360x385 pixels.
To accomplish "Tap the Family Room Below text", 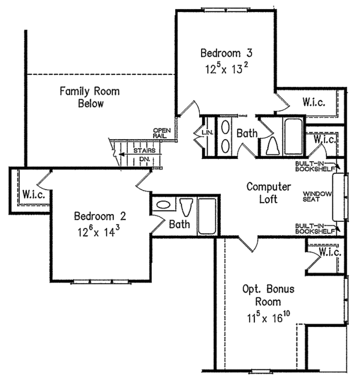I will click(x=90, y=97).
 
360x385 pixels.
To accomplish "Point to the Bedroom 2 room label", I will click(x=100, y=216).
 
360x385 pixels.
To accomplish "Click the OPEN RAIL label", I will click(x=162, y=133).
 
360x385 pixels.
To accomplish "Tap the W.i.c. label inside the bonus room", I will click(x=329, y=253).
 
